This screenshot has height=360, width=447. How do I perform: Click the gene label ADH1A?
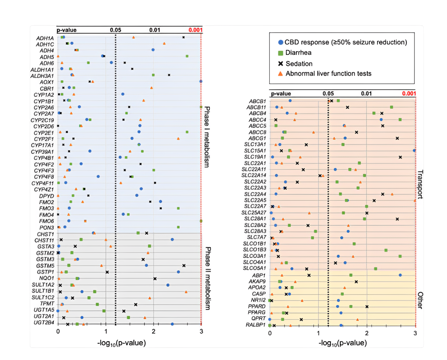45,38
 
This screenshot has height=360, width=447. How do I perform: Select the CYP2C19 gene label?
42,120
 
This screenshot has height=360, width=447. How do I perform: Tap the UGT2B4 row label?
44,323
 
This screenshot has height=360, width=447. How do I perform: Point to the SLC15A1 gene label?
255,151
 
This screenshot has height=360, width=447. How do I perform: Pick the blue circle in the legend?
280,43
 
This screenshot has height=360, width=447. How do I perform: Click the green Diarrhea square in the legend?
280,53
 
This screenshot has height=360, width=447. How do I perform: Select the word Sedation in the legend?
299,64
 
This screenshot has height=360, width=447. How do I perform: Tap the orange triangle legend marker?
280,74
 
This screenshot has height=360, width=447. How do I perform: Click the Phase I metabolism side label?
207,137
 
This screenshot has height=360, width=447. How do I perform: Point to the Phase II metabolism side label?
207,278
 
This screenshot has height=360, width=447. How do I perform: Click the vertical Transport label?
420,184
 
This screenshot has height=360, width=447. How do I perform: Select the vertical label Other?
420,300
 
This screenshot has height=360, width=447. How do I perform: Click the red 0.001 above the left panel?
195,30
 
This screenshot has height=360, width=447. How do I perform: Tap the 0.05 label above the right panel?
328,93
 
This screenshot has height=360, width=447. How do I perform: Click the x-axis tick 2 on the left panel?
154,331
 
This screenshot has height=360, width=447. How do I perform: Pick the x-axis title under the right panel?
342,343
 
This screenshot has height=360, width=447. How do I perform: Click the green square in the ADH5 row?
187,56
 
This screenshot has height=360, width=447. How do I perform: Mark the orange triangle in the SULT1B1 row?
186,292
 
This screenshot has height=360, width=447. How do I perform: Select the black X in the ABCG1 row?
397,138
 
